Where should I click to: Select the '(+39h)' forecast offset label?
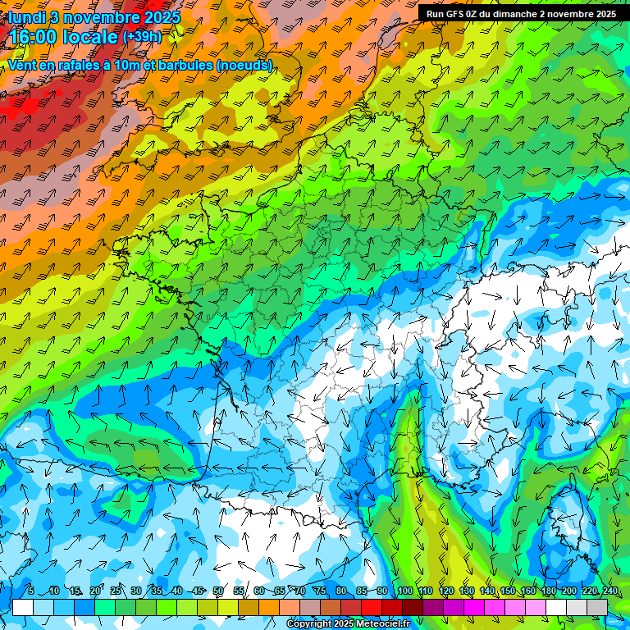(142, 37)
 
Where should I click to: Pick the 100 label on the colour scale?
(404, 591)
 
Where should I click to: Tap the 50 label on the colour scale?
(218, 591)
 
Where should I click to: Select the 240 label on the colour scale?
(609, 591)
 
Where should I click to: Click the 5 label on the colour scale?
(31, 591)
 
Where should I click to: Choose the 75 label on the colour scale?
(322, 591)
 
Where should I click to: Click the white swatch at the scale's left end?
(23, 607)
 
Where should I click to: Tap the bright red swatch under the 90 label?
(372, 607)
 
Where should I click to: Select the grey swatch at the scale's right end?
(597, 607)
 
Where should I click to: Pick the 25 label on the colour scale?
(115, 591)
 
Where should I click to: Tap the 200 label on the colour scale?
(569, 591)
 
